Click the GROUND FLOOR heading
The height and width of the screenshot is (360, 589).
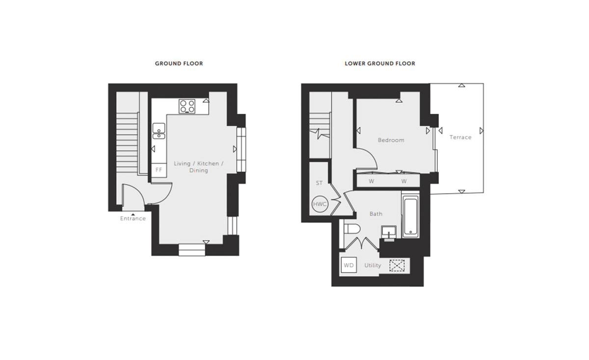tap(179, 63)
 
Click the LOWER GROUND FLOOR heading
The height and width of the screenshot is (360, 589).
tap(380, 63)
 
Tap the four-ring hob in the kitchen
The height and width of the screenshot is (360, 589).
tap(187, 106)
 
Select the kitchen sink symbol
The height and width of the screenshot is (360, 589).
tap(159, 131)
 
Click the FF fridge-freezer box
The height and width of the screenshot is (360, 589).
tap(159, 170)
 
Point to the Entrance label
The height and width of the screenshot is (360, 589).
tap(133, 219)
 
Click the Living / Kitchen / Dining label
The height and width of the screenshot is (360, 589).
tap(198, 167)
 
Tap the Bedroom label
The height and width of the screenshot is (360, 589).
tap(391, 140)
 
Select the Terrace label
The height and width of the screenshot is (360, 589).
tap(460, 137)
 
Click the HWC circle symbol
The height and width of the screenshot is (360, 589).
tap(320, 204)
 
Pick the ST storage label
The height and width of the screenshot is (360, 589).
tap(319, 183)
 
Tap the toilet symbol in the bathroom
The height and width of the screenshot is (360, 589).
tap(352, 229)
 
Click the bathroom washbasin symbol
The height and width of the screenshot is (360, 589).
tap(389, 233)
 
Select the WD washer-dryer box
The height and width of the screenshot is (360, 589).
tap(348, 265)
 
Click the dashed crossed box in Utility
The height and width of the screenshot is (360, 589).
tap(397, 266)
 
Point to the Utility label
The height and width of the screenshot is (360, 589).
tap(373, 265)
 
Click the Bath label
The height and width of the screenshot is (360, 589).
tap(376, 214)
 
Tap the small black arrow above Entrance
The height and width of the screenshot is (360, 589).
tap(133, 215)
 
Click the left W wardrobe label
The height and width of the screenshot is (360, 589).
tap(372, 181)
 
